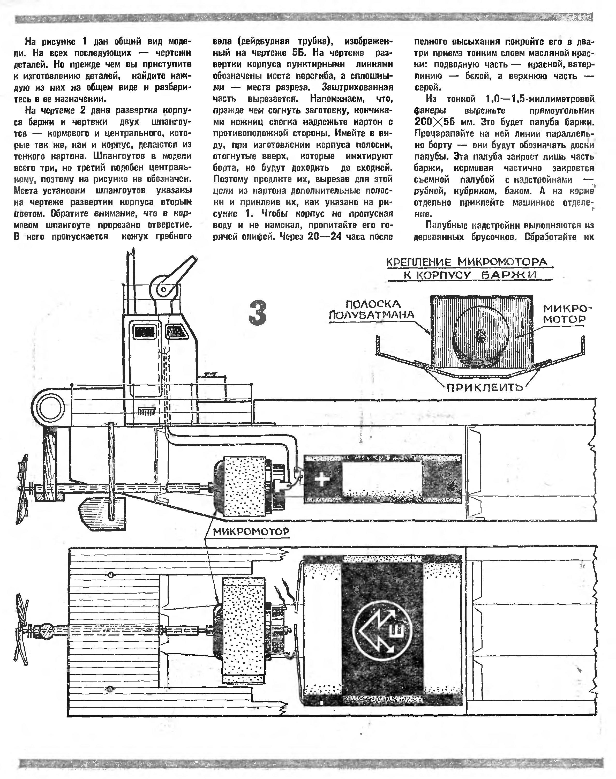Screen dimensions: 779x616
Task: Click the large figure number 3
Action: [x=258, y=313]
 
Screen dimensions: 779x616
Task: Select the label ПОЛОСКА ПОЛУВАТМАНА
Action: [x=371, y=309]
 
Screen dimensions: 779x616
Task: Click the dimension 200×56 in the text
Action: [x=435, y=122]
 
